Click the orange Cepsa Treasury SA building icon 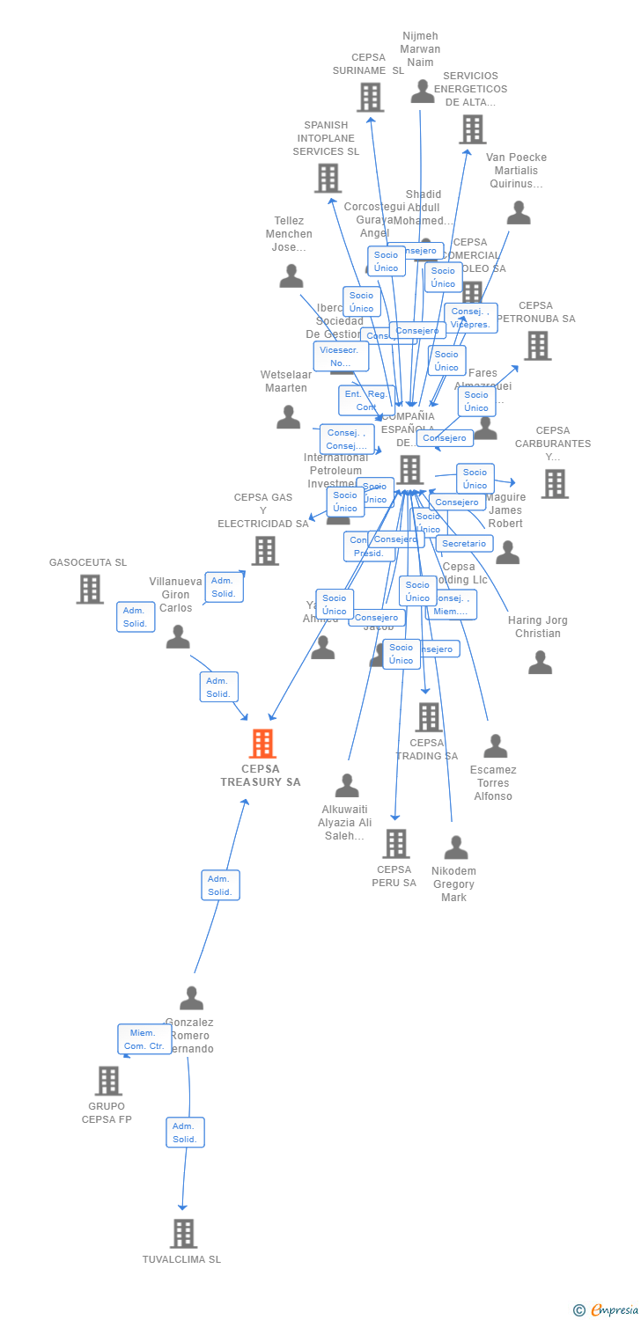click(x=262, y=744)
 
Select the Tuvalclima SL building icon click(x=183, y=1234)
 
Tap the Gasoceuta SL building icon click(x=90, y=589)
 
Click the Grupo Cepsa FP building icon click(x=108, y=1081)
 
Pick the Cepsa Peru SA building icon click(x=395, y=843)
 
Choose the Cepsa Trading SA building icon click(x=429, y=717)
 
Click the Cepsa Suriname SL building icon click(x=371, y=97)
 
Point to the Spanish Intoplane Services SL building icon click(x=328, y=179)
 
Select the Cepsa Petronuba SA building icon click(x=537, y=346)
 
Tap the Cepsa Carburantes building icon click(x=554, y=483)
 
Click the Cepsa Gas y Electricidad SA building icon click(x=265, y=551)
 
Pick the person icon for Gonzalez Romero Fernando click(x=191, y=999)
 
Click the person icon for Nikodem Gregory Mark click(x=456, y=848)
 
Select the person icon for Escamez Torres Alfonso click(x=495, y=746)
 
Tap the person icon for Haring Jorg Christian click(x=540, y=663)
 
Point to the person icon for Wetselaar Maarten click(x=289, y=417)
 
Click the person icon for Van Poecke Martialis click(x=519, y=213)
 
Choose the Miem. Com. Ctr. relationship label click(x=144, y=1039)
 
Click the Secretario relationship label click(x=464, y=544)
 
